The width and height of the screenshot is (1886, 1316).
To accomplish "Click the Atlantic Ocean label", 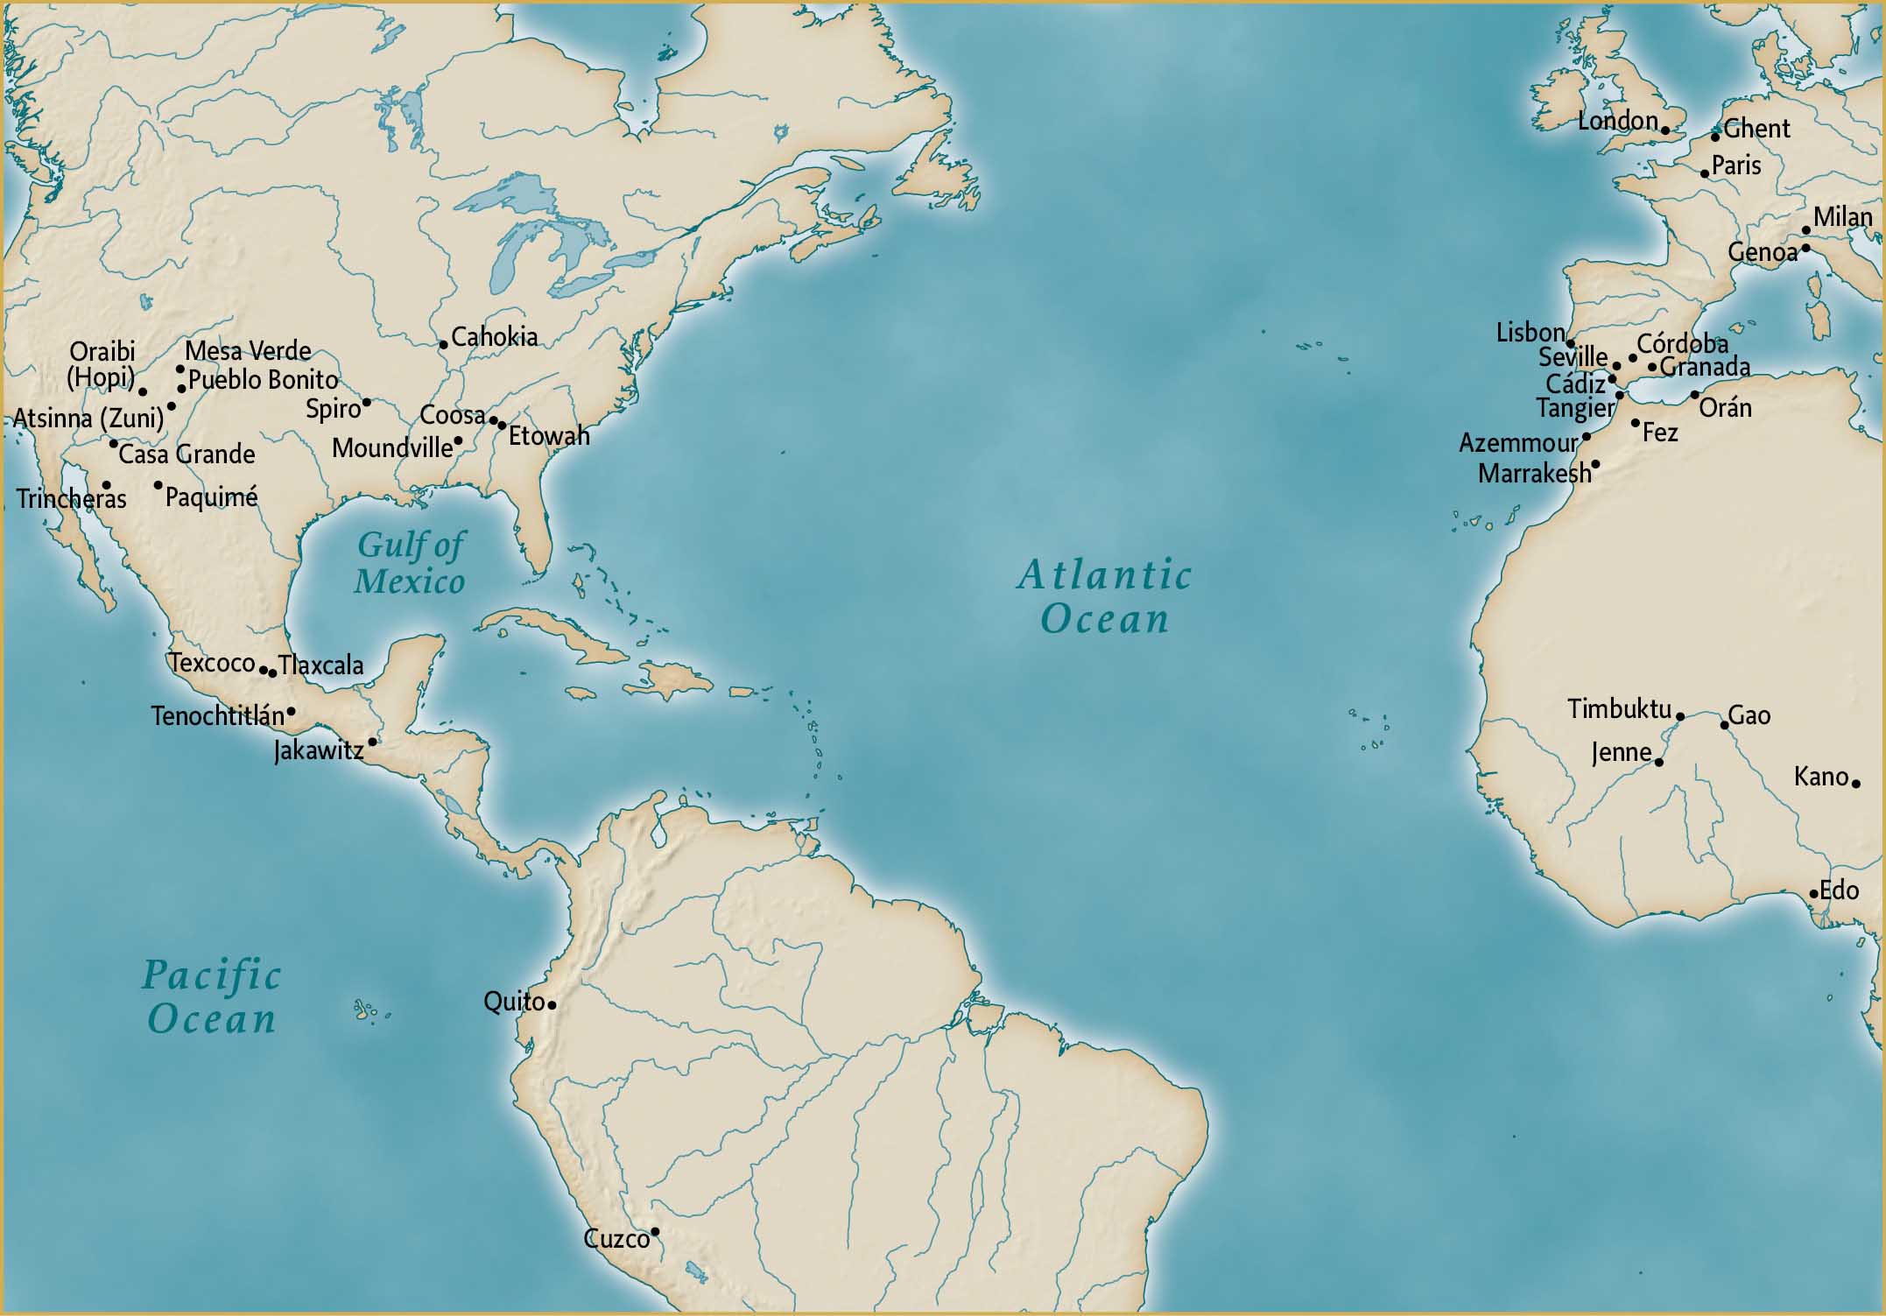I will pos(1104,597).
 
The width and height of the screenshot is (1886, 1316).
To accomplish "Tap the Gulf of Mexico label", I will pos(410,563).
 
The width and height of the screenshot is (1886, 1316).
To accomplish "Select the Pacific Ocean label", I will pos(211,997).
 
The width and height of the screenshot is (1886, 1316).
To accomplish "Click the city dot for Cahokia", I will pos(443,344).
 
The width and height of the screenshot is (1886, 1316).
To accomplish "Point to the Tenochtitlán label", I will pos(217,716).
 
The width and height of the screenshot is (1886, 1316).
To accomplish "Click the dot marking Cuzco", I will pos(654,1232).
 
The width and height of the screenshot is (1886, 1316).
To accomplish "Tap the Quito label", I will pos(514,1001).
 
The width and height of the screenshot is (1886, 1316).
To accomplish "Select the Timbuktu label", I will pos(1619,708).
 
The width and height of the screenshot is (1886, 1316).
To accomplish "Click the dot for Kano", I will pos(1855,783).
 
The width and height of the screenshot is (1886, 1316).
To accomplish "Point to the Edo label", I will pos(1839,890).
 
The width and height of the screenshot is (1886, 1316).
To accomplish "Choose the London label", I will pos(1617,121).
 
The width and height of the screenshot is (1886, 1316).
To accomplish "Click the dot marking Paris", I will pos(1705,173).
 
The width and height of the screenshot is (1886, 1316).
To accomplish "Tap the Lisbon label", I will pos(1530,333).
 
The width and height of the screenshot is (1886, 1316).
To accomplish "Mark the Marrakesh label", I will pos(1534,474).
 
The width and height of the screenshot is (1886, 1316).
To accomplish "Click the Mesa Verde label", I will pos(248,351).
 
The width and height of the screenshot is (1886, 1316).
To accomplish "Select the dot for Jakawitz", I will pos(372,742).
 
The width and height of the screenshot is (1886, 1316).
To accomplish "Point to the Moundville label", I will pos(392,448).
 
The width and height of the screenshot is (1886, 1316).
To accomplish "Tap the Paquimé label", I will pos(211,497).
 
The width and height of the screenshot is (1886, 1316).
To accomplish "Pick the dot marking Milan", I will pos(1805,230).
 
